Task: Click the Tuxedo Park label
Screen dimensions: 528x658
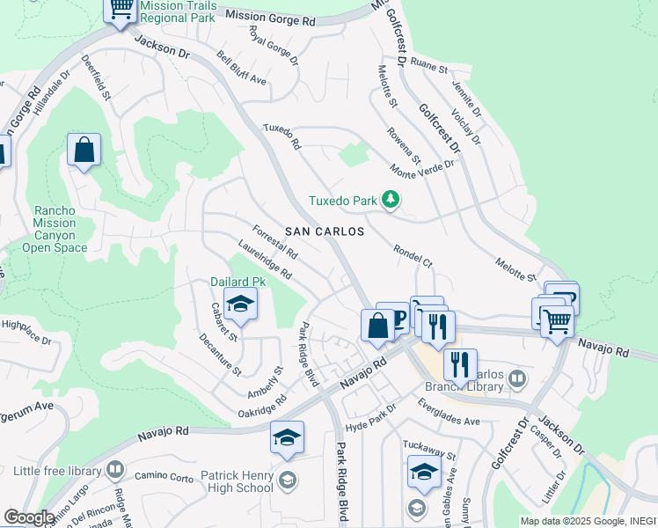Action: click(343, 201)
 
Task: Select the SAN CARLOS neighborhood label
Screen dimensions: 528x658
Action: click(325, 231)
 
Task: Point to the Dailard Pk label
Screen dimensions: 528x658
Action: click(238, 282)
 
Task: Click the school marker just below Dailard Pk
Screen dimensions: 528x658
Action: click(240, 305)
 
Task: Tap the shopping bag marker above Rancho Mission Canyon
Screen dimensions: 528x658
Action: click(84, 150)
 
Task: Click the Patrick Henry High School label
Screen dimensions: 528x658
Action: click(237, 481)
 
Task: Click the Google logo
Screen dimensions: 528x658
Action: click(28, 517)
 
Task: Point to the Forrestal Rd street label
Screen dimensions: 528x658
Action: click(274, 243)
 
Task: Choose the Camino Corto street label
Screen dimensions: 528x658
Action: click(164, 476)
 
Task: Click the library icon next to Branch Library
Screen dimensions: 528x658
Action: click(517, 379)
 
